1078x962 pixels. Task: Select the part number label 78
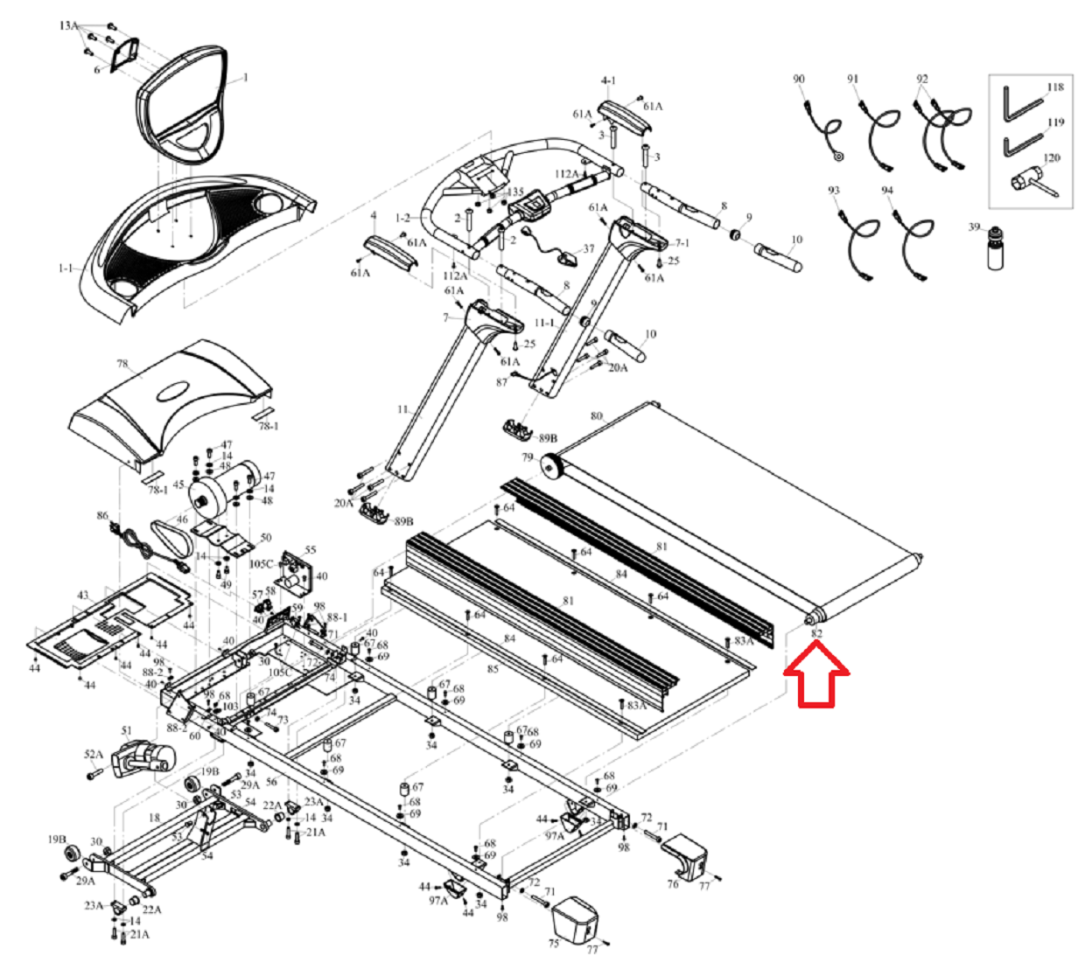click(122, 363)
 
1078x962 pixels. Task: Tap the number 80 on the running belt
click(597, 416)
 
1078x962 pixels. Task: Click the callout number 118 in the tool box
click(1055, 87)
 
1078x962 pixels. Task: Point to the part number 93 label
click(833, 191)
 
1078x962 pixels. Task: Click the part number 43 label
click(82, 595)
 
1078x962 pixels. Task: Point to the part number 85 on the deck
click(493, 670)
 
